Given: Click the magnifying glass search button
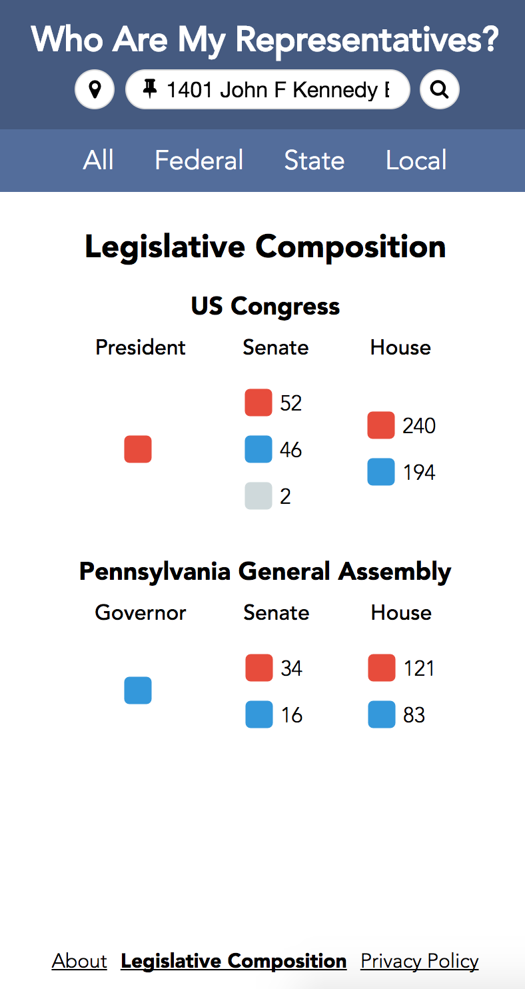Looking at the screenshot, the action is click(439, 89).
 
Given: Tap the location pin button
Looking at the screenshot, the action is click(95, 89).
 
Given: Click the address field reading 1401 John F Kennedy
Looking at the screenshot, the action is click(268, 89).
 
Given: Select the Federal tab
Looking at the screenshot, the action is click(199, 160).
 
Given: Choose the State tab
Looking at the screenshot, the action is click(314, 160).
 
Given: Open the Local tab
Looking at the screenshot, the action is click(416, 160).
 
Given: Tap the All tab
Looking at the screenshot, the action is click(99, 160).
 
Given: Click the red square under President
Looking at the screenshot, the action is click(138, 449).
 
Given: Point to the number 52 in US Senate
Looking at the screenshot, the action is click(290, 403).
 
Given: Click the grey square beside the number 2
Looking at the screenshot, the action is click(259, 496).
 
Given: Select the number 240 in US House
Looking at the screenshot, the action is click(419, 426).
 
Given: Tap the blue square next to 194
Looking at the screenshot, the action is click(381, 472).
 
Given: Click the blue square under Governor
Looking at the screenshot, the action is click(138, 690).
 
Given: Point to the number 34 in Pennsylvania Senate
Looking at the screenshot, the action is click(291, 668).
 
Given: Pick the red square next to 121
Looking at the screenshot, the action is click(382, 668).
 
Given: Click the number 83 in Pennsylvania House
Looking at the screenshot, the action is click(414, 715).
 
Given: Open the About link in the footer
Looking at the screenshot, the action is click(79, 961).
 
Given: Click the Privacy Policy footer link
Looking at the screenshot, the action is click(420, 962).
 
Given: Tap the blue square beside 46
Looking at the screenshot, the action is click(259, 449).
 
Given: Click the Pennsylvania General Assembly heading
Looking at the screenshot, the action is click(265, 572).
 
